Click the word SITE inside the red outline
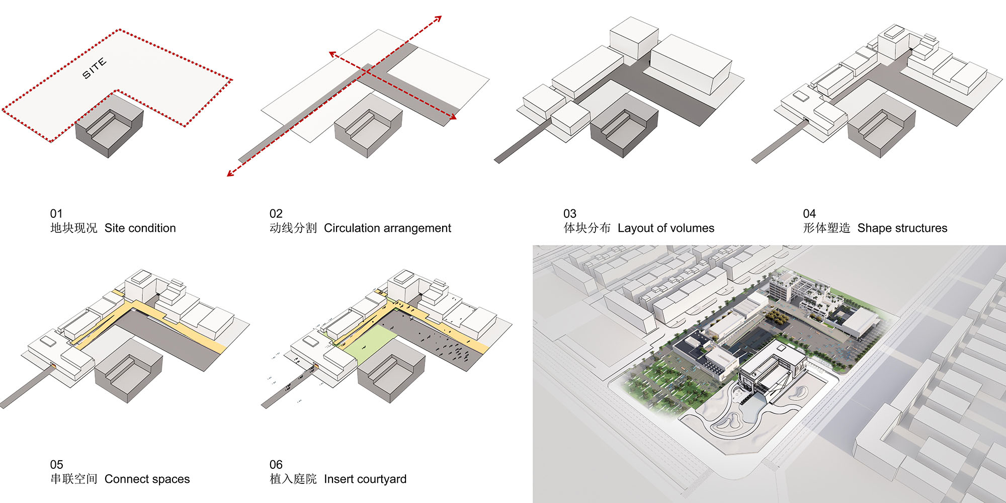click(95, 68)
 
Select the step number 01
click(56, 214)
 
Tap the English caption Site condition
click(140, 228)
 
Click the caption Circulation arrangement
click(387, 228)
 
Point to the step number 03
click(569, 214)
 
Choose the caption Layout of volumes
click(665, 228)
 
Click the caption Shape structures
click(902, 228)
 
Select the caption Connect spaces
click(147, 479)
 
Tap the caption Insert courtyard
click(365, 479)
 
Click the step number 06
click(276, 465)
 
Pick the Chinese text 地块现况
click(73, 228)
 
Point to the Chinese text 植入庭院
click(293, 479)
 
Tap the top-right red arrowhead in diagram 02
click(438, 19)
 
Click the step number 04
click(809, 214)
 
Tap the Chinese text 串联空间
click(73, 479)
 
